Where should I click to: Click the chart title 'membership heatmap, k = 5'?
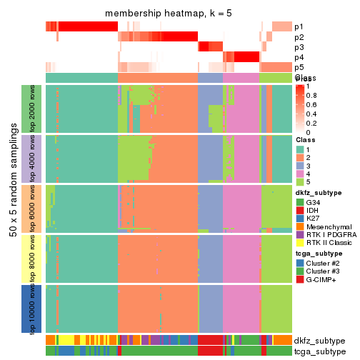click(169, 14)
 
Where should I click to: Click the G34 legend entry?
click(315, 202)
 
